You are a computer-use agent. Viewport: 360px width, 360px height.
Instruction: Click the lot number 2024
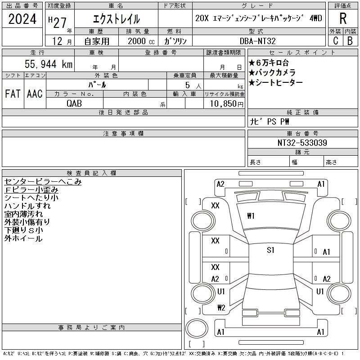coord(22,20)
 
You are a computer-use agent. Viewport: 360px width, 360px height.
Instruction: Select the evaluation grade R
coord(342,18)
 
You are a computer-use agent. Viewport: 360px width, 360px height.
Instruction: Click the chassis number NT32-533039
coord(302,143)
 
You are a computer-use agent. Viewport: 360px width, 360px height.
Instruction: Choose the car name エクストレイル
coord(116,19)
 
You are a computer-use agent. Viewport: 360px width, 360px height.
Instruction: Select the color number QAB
coord(74,103)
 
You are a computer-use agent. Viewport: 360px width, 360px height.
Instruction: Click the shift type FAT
coord(13,94)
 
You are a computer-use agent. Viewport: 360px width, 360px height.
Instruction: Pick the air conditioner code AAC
coord(35,94)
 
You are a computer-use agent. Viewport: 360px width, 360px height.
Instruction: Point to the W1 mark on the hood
coord(251,216)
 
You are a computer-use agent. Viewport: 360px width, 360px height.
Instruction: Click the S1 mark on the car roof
coord(270,251)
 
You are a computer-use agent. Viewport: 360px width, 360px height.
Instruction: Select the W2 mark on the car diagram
coord(221,308)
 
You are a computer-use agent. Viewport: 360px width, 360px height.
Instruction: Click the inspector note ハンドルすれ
coord(27,206)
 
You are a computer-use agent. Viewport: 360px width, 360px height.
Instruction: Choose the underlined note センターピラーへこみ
coord(43,182)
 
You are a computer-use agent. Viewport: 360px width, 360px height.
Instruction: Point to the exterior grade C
coord(335,41)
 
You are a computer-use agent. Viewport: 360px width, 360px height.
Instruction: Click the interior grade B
coord(350,41)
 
